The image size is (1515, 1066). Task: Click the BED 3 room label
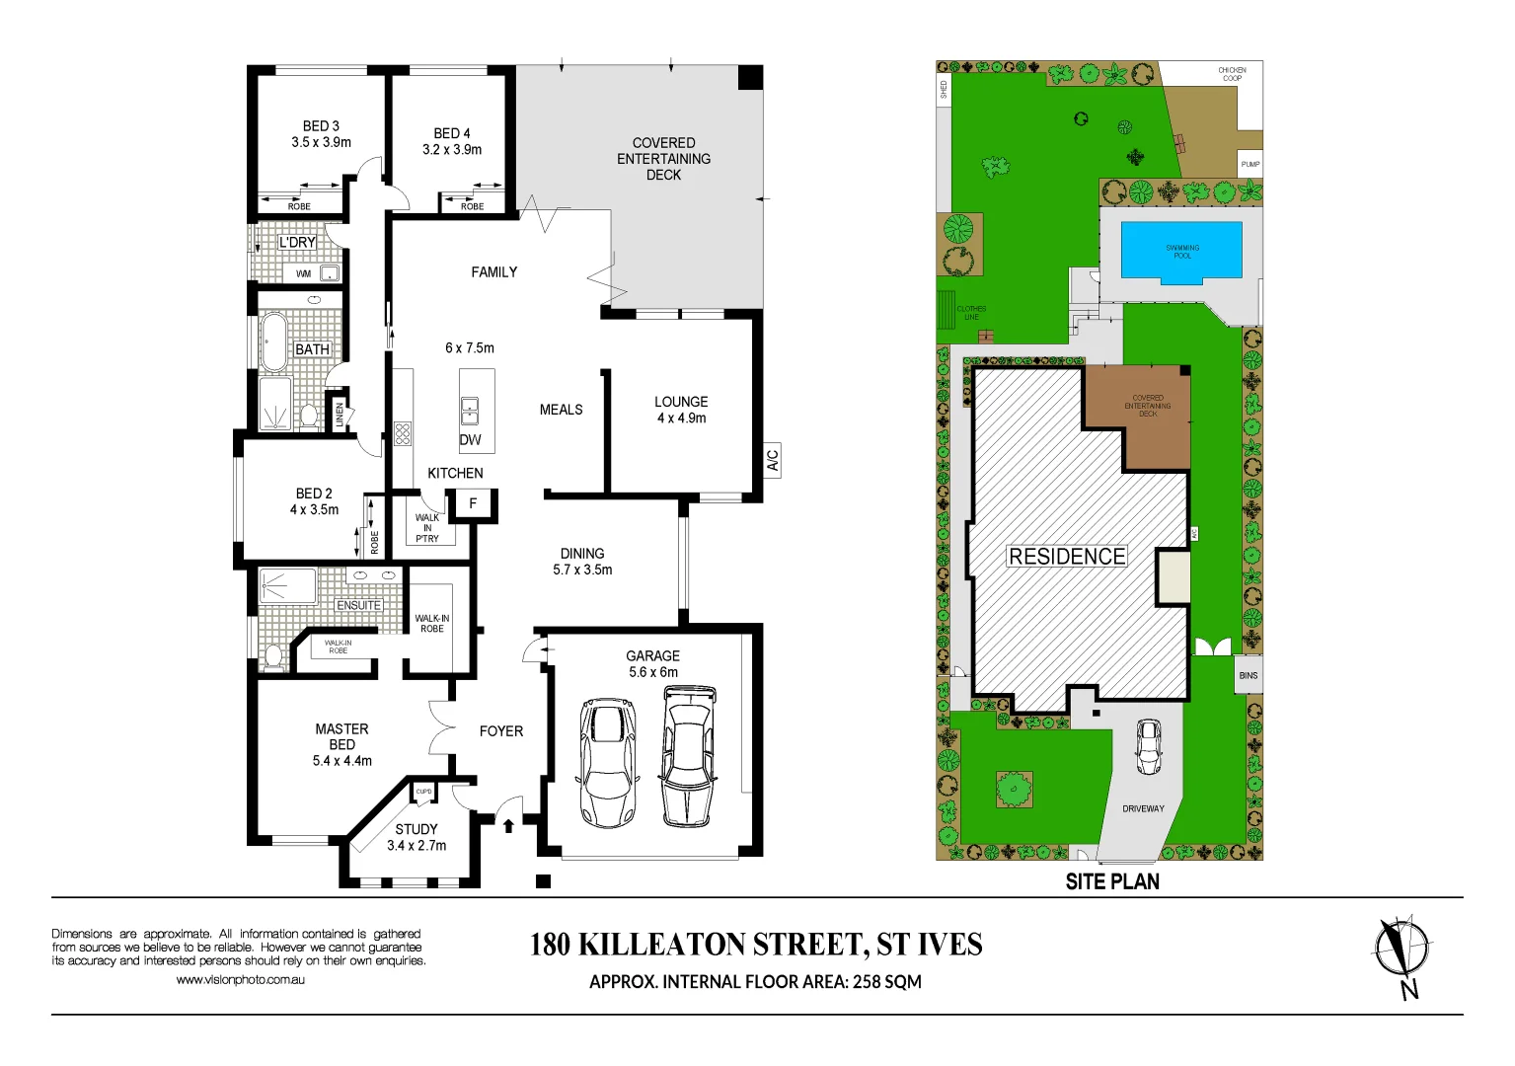tap(321, 126)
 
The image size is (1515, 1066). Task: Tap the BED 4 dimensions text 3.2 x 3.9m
tap(452, 150)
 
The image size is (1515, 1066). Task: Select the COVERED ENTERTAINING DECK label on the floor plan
tap(663, 159)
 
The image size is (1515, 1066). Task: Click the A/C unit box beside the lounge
tap(772, 460)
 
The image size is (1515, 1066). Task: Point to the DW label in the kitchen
tap(470, 440)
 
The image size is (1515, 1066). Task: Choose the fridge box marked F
tap(473, 503)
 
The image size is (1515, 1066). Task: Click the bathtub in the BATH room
tap(273, 342)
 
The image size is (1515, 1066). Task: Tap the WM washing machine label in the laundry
tap(304, 273)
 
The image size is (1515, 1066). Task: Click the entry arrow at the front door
tap(509, 824)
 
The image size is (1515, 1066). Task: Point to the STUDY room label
tap(417, 829)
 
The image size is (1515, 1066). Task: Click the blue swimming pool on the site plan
tap(1181, 251)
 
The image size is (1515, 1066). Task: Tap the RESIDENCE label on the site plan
tap(1067, 557)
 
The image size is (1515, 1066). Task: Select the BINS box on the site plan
tap(1249, 675)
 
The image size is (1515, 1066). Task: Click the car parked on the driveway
tap(1148, 746)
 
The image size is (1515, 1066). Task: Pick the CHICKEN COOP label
tap(1232, 74)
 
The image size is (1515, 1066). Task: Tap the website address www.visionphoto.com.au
tap(240, 980)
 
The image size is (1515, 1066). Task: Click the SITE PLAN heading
tap(1112, 881)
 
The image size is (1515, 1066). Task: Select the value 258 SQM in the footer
tap(886, 982)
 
